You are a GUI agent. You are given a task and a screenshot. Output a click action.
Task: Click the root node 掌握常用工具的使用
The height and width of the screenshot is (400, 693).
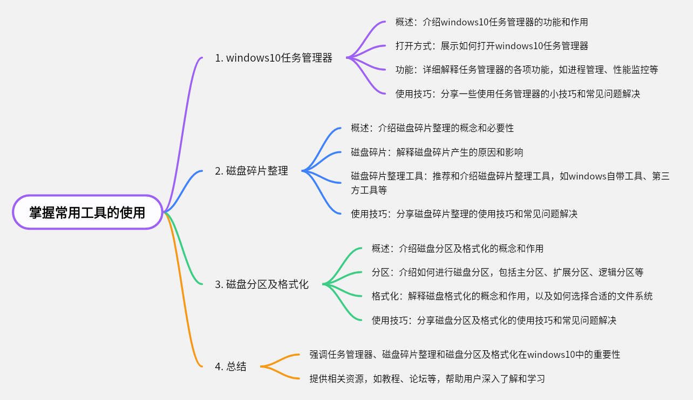87,212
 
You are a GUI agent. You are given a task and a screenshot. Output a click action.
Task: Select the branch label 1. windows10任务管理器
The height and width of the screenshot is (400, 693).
274,58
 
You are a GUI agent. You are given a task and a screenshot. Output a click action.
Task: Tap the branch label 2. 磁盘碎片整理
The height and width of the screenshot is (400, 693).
252,171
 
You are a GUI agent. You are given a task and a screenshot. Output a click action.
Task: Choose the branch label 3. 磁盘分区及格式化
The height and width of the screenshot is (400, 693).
262,284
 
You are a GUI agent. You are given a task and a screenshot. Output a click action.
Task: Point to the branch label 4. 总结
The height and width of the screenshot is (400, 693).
230,366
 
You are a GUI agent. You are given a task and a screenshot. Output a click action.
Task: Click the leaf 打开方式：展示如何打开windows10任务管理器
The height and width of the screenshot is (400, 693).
492,46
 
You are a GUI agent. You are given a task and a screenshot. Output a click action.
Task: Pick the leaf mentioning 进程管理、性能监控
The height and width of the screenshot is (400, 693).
526,70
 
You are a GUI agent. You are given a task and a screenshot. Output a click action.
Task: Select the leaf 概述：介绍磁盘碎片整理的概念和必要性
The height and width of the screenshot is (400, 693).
432,128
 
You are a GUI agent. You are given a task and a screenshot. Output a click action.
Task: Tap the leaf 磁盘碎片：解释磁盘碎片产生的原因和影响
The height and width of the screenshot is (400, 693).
437,152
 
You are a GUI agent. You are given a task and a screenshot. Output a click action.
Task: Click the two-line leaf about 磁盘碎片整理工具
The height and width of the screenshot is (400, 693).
510,183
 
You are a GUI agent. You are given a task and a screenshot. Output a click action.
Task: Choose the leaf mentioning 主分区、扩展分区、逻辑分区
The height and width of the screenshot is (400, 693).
507,272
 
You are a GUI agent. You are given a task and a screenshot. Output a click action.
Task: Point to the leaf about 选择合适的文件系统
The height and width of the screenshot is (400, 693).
512,296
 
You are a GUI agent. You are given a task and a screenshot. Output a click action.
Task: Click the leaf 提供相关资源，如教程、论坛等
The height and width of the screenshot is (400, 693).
427,378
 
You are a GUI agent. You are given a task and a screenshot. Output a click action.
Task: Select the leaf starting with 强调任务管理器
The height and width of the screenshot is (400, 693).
465,355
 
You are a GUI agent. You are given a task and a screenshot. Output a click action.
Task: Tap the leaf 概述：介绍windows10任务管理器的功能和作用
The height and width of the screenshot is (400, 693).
492,22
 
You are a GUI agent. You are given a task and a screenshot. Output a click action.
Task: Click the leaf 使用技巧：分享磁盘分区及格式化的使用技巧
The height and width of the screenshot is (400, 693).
494,320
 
